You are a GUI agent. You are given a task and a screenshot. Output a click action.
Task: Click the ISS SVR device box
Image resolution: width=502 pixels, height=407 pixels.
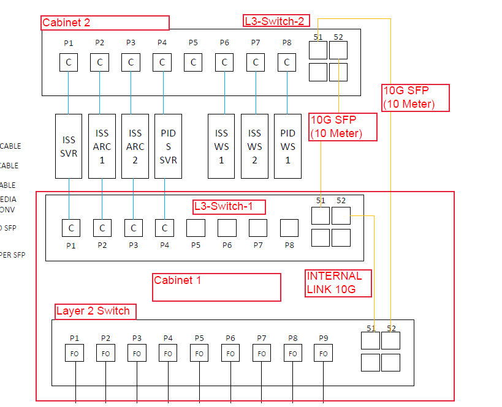[x=69, y=146]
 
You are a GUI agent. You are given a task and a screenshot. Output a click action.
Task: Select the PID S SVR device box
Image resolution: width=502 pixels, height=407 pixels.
[x=168, y=146]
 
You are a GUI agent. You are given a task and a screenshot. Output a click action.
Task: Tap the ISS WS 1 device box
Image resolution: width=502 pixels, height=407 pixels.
[x=221, y=146]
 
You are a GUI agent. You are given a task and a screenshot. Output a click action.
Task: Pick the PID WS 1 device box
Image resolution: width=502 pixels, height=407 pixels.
[x=287, y=146]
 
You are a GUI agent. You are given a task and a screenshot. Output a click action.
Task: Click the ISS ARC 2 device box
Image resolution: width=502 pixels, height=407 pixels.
[x=135, y=146]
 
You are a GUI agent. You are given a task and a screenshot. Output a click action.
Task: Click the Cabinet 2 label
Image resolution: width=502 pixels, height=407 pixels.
[x=105, y=23]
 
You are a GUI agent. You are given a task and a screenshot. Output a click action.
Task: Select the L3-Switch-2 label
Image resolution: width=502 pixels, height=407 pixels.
[x=276, y=21]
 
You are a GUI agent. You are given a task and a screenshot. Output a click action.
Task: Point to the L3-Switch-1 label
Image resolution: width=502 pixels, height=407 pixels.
[x=229, y=207]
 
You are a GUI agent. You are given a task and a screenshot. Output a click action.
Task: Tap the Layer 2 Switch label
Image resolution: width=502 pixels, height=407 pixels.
[x=95, y=311]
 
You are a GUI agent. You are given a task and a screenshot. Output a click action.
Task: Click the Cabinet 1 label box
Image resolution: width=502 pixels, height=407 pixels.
[x=216, y=287]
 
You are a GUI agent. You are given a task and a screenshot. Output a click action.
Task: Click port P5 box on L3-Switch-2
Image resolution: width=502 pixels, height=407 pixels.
[x=193, y=62]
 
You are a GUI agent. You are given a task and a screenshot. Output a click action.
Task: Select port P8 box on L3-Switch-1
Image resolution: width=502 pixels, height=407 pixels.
[x=289, y=228]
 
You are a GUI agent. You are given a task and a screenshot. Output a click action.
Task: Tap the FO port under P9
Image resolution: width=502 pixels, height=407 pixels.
[x=324, y=353]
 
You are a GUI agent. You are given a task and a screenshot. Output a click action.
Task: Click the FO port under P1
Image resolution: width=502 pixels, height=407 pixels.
[x=74, y=353]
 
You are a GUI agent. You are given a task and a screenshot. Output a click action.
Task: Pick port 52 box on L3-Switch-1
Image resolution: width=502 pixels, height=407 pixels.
[x=341, y=216]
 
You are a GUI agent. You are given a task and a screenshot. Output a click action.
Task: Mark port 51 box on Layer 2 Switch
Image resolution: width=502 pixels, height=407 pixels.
[x=370, y=341]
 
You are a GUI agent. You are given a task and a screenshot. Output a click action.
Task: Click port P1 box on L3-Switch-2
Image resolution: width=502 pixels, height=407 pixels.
[x=69, y=62]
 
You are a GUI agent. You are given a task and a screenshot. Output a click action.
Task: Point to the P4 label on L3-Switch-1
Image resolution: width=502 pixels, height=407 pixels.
[x=164, y=245]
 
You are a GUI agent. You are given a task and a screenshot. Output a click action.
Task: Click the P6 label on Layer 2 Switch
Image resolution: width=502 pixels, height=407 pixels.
[x=230, y=338]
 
